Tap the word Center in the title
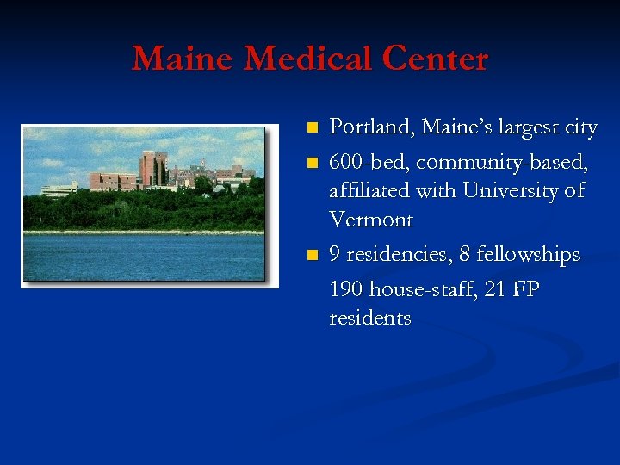coord(437,59)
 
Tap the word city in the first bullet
coord(580,128)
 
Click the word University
coord(511,189)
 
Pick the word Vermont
coord(371,220)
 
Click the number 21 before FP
coord(494,289)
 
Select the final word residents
coord(370,318)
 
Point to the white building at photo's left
coord(59,190)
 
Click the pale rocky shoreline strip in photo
coord(142,232)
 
